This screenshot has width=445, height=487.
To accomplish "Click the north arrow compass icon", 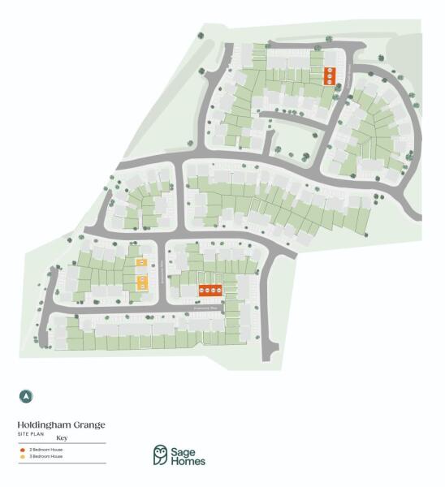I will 27,396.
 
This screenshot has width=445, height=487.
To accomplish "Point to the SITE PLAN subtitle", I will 28,433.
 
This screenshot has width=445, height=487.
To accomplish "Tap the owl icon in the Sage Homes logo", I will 162,455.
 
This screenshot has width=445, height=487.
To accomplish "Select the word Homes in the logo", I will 188,461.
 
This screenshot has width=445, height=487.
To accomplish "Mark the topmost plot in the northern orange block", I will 330,71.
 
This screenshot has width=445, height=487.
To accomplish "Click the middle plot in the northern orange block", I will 330,75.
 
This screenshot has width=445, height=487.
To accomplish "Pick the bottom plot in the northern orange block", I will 330,81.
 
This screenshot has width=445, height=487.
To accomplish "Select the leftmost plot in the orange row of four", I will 202,290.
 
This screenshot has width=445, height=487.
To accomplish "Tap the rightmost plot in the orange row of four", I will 219,290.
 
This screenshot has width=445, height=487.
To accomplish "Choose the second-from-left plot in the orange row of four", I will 208,290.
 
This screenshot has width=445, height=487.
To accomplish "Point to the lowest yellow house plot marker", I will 143,287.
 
